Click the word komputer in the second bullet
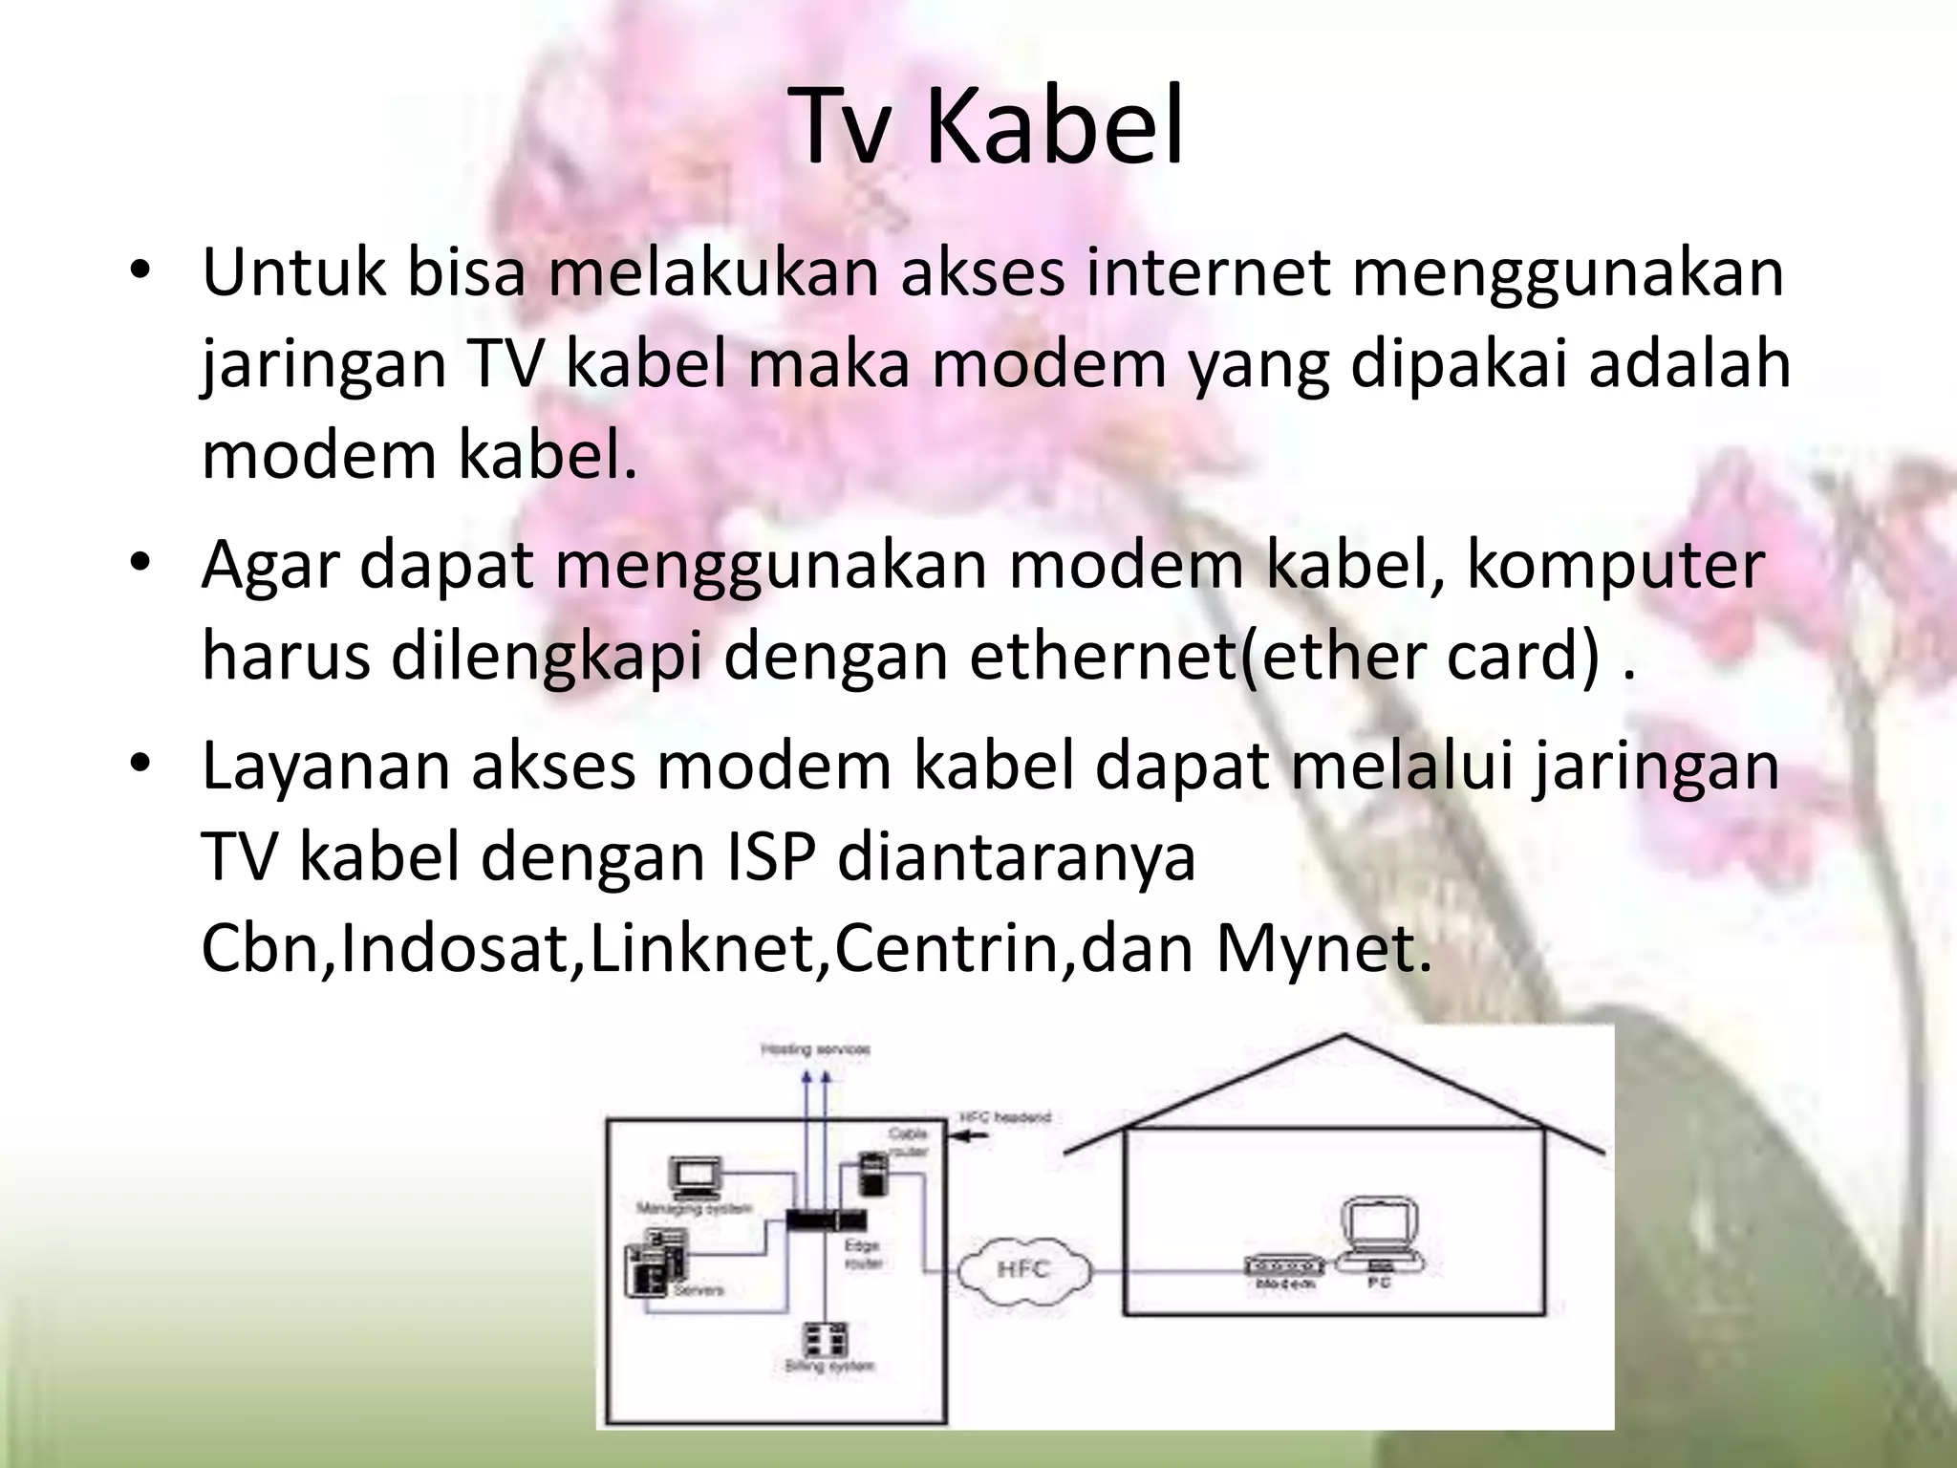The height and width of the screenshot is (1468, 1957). (1615, 565)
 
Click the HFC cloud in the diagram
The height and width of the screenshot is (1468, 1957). (1023, 1270)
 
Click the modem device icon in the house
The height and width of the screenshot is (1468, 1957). (1284, 1265)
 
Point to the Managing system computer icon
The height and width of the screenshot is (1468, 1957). (695, 1180)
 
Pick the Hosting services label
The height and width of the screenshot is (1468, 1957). (815, 1049)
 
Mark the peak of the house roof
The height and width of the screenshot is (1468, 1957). (1344, 1036)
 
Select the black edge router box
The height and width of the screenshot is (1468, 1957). (827, 1220)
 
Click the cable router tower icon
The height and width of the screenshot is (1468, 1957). (871, 1174)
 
